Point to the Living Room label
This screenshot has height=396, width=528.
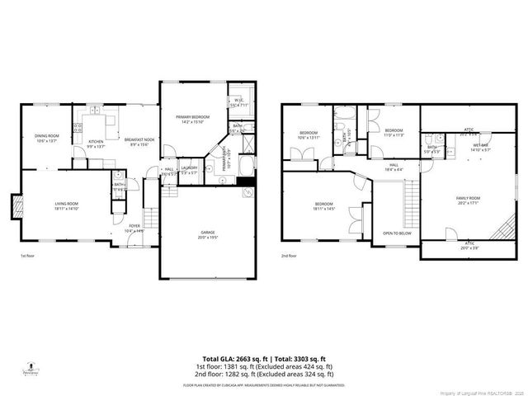click(x=65, y=205)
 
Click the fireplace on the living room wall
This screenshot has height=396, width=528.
click(x=12, y=205)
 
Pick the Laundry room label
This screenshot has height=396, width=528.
click(x=189, y=169)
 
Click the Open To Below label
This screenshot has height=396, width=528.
click(x=397, y=233)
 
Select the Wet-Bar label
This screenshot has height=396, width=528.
click(x=480, y=147)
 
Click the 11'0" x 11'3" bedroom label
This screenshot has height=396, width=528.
click(x=393, y=132)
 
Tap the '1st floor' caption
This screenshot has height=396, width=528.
click(x=28, y=257)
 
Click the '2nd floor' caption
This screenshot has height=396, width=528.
click(x=290, y=257)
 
